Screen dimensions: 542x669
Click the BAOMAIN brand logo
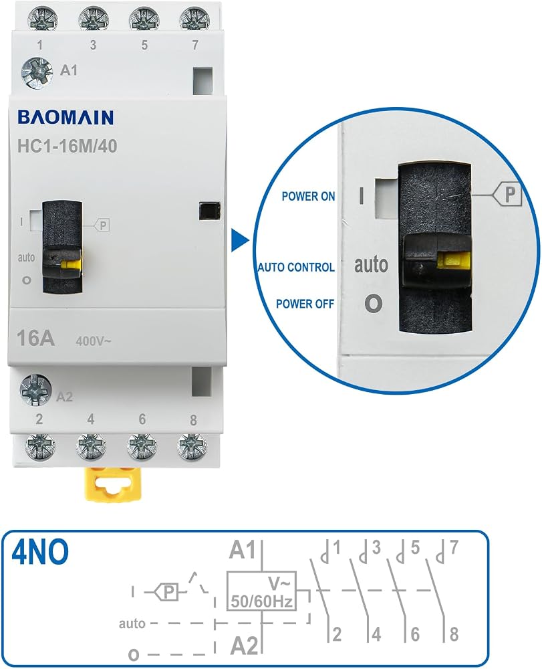[x=65, y=117]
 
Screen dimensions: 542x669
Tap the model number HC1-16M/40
[x=67, y=146]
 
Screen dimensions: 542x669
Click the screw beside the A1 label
[x=37, y=73]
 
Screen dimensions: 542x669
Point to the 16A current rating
[x=35, y=339]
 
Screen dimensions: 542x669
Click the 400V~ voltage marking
[x=94, y=341]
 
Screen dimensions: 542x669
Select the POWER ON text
[x=309, y=196]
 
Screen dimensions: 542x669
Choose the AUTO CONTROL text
[x=296, y=267]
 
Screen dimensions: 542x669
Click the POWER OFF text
[x=305, y=304]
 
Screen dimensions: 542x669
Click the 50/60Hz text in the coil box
[x=262, y=601]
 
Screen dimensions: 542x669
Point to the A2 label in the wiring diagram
[x=244, y=646]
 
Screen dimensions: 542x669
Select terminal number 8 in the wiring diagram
[x=454, y=634]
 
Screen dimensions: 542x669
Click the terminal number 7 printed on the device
[x=194, y=45]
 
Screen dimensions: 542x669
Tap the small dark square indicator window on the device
[x=210, y=211]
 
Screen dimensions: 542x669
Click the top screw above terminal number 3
[x=94, y=19]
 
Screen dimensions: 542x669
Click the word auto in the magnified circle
[x=371, y=264]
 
